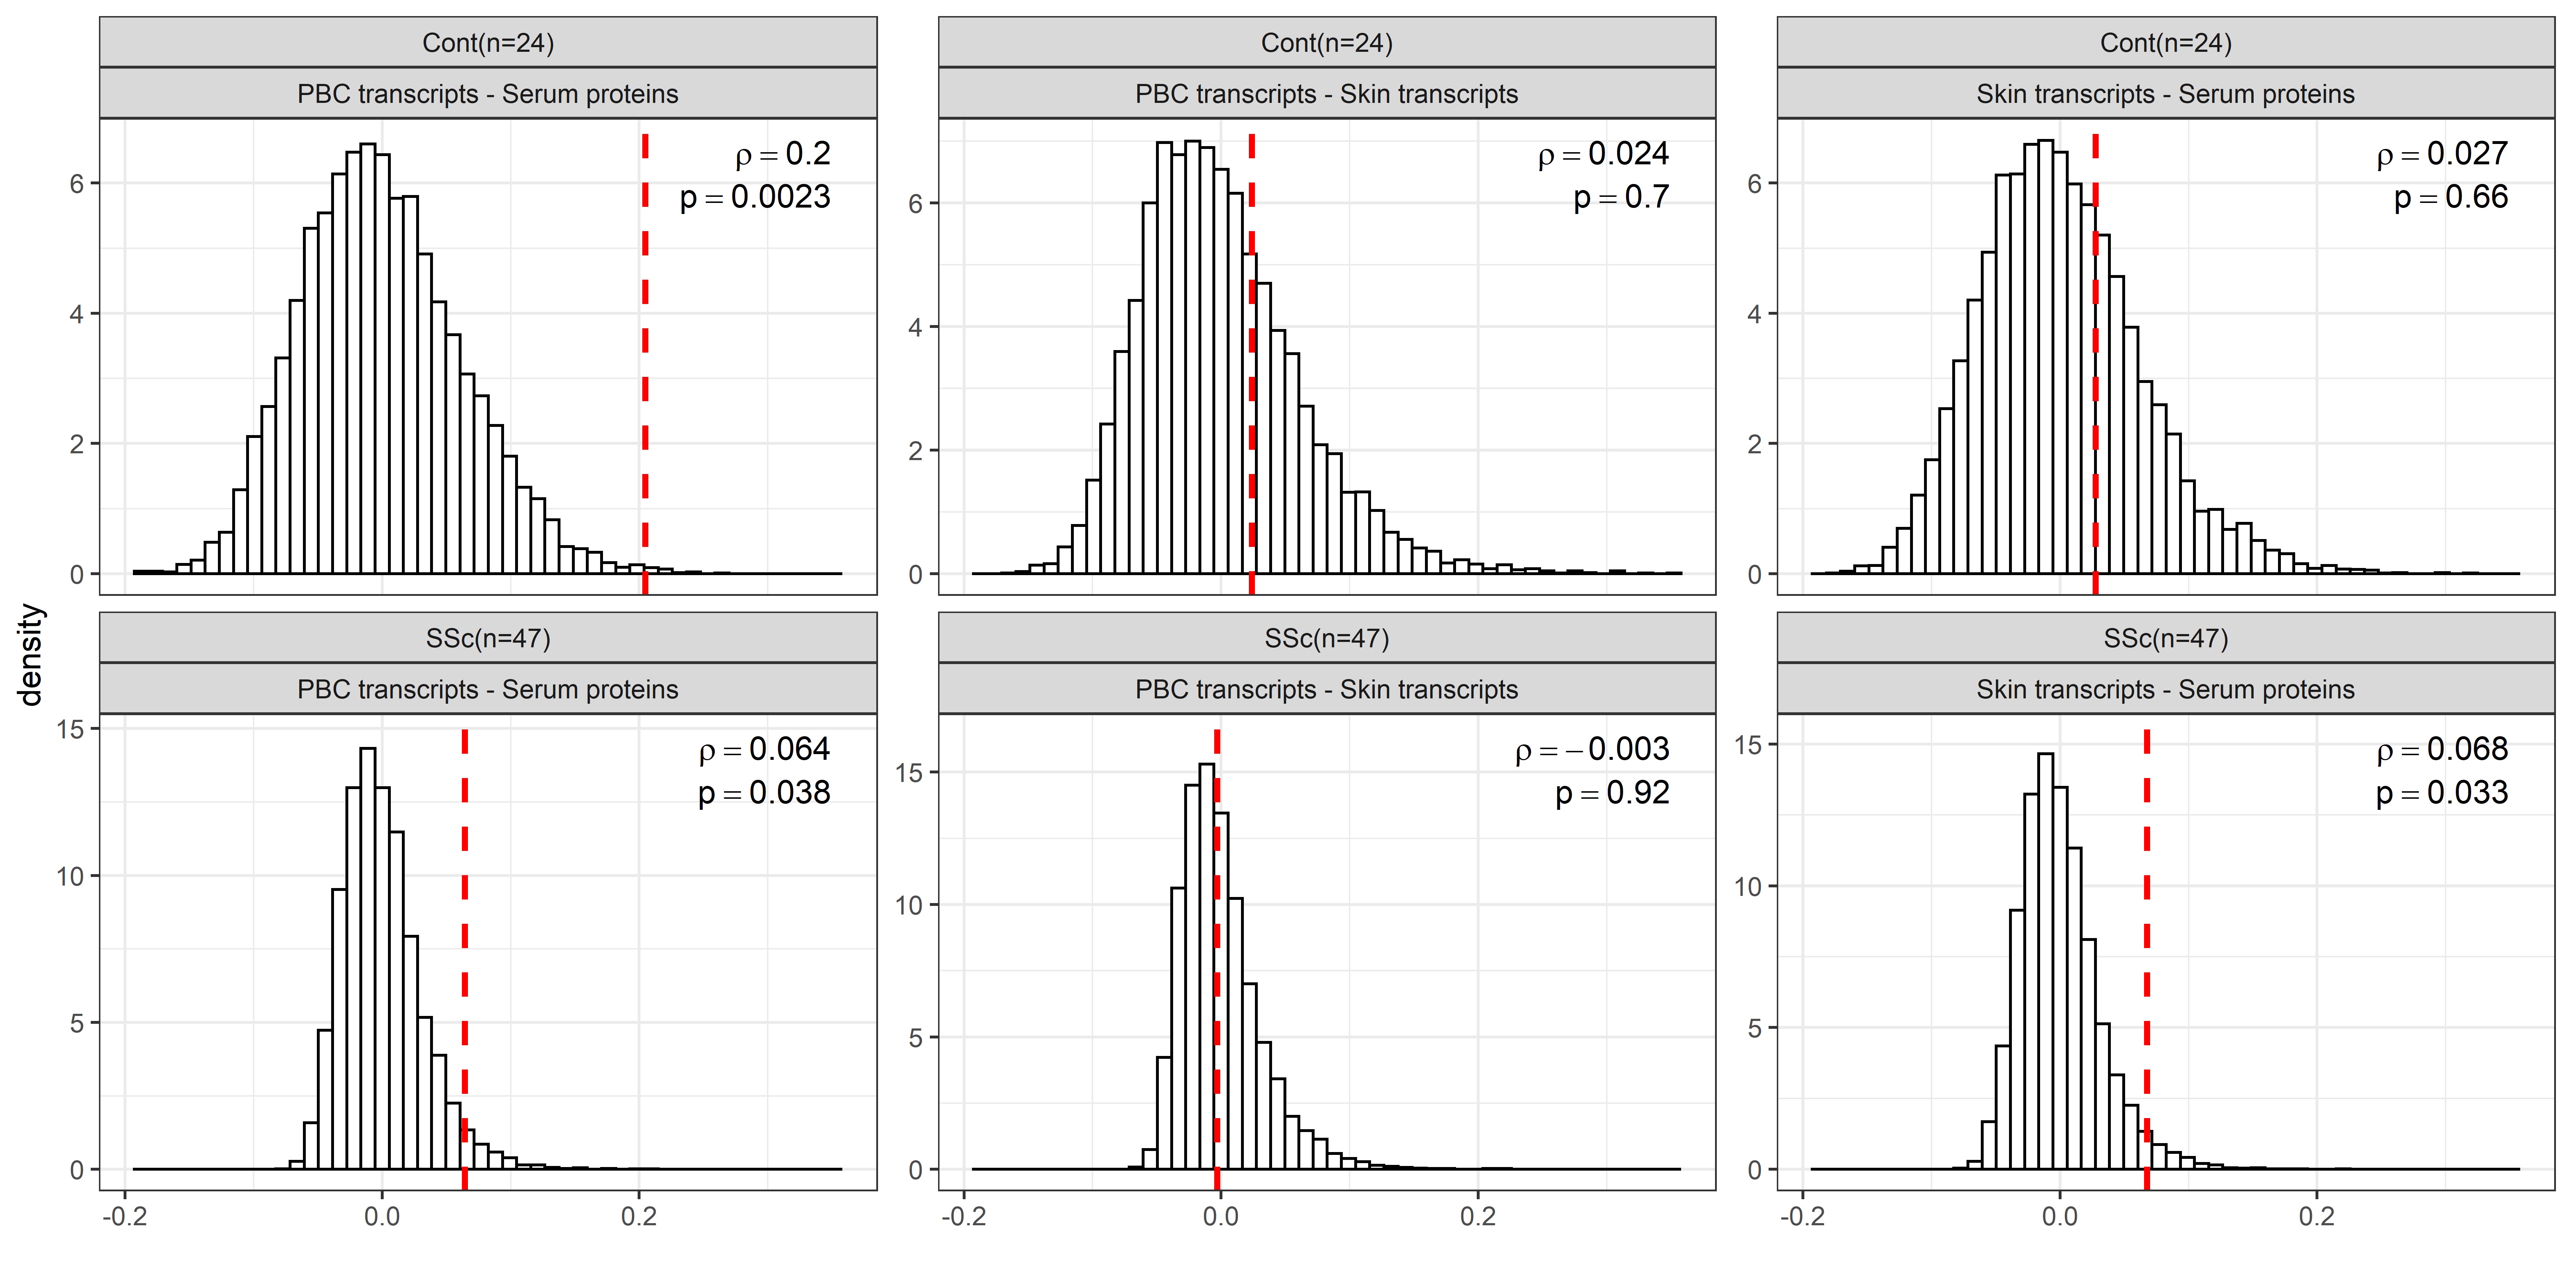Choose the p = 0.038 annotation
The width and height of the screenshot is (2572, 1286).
click(764, 793)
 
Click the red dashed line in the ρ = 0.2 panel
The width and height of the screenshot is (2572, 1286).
click(645, 399)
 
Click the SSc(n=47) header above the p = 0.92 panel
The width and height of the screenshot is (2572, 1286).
click(1326, 638)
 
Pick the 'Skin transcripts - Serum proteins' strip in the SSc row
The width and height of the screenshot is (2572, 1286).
click(2165, 689)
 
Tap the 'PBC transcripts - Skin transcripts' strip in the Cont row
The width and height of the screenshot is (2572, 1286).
click(1326, 94)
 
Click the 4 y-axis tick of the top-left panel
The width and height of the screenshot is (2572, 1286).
click(77, 314)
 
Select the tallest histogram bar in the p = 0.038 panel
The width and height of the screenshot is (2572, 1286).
click(368, 958)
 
